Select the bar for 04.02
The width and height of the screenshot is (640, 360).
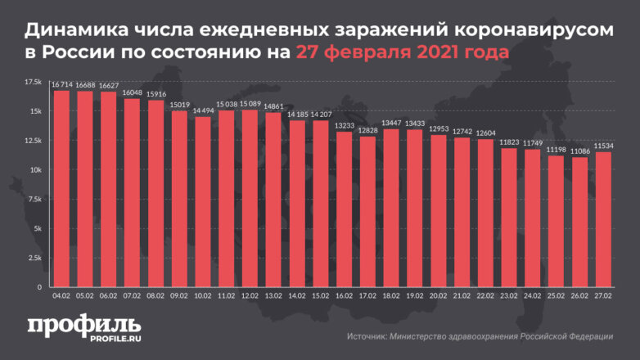coord(61,188)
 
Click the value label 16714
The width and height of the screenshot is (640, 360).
coord(61,84)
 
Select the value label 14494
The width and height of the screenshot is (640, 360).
coord(202,110)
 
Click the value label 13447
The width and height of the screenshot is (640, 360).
coord(391,123)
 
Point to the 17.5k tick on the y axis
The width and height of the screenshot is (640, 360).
coord(34,83)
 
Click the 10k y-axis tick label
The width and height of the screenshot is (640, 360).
coord(35,170)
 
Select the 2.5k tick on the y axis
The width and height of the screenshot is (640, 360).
coord(35,258)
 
